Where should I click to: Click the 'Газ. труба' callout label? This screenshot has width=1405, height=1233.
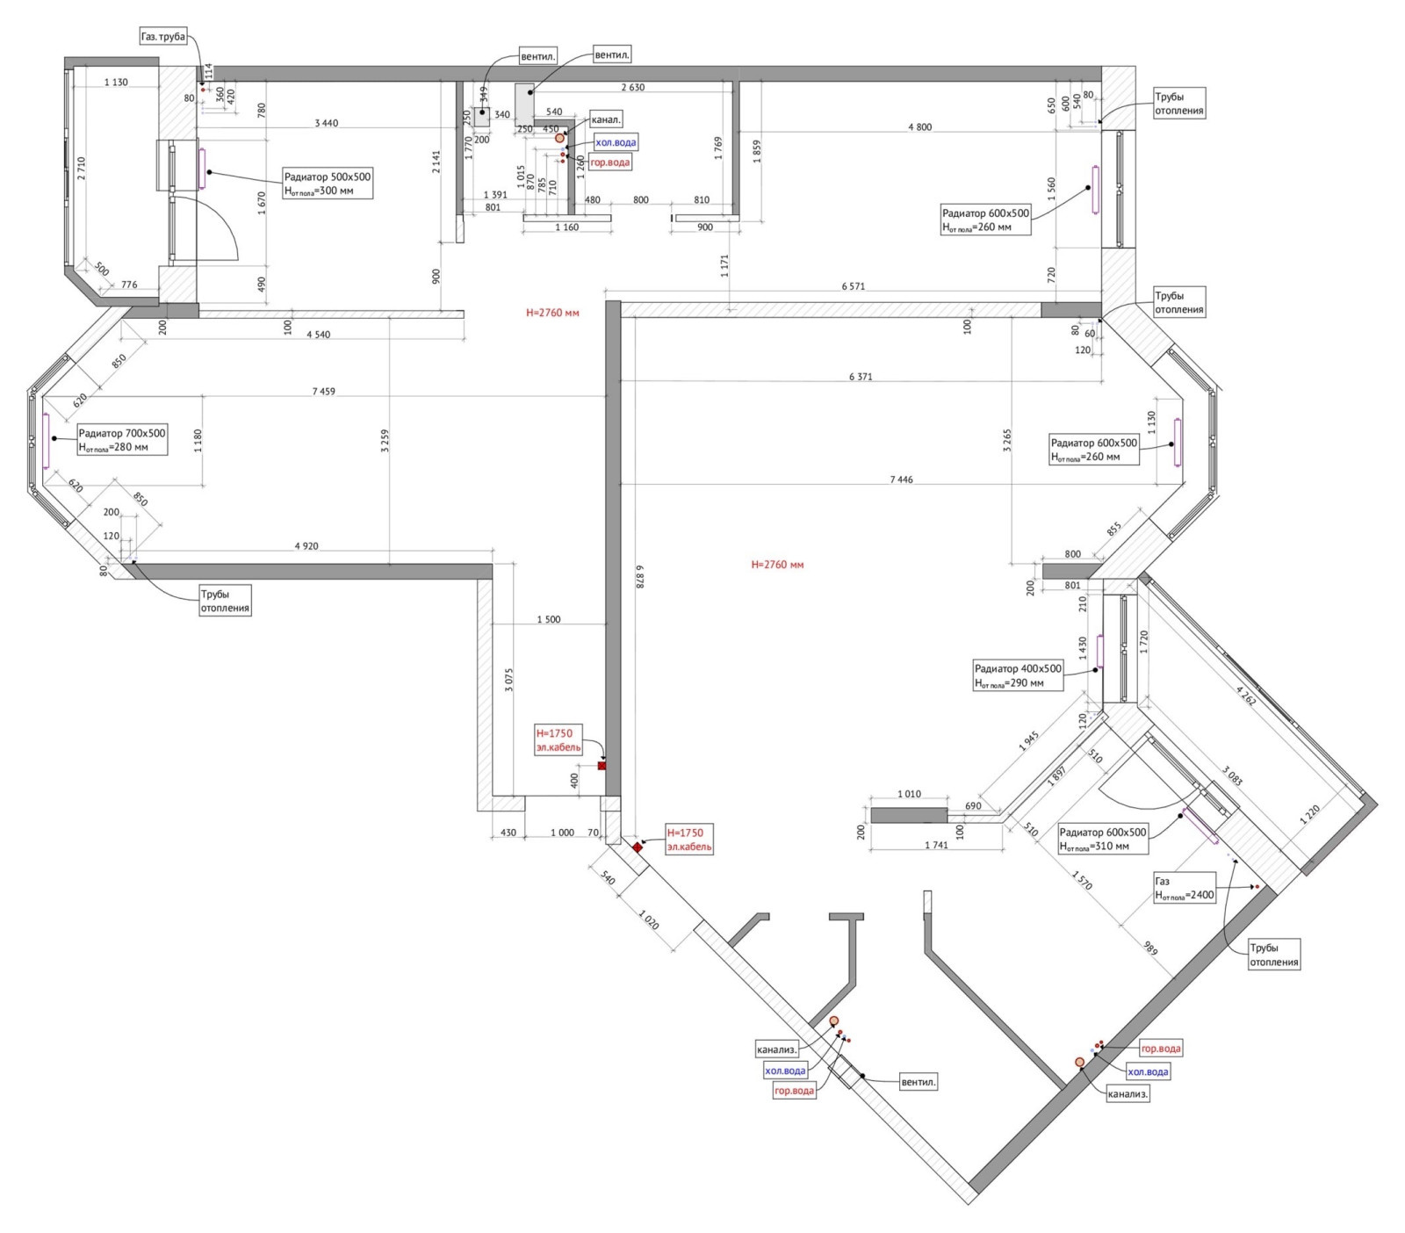(163, 37)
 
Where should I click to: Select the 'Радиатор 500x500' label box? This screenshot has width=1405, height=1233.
(327, 183)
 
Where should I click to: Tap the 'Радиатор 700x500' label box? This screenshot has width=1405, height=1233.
(122, 439)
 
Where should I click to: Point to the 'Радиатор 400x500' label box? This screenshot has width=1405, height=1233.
(1019, 674)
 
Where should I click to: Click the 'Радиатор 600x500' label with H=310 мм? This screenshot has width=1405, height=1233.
(1103, 839)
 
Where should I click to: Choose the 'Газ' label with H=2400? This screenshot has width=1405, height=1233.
(1185, 888)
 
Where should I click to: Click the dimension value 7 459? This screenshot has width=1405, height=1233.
(323, 392)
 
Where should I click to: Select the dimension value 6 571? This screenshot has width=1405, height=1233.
(854, 286)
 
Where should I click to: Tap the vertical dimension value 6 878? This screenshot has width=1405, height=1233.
(640, 575)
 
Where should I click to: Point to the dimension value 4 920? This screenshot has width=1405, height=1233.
(306, 546)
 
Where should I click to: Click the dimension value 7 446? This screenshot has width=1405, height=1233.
(901, 479)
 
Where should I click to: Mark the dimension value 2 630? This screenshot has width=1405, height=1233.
(632, 87)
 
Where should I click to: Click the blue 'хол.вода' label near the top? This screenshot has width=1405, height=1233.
(616, 142)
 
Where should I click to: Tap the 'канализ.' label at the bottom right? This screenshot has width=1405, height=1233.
(1128, 1094)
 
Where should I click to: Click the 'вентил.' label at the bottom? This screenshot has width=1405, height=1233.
(919, 1082)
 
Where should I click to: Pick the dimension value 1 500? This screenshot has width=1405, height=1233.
(549, 620)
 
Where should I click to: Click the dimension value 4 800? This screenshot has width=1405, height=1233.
(919, 127)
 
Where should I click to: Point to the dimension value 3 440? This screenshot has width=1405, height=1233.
(326, 123)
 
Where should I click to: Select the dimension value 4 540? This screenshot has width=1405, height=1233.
(319, 335)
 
